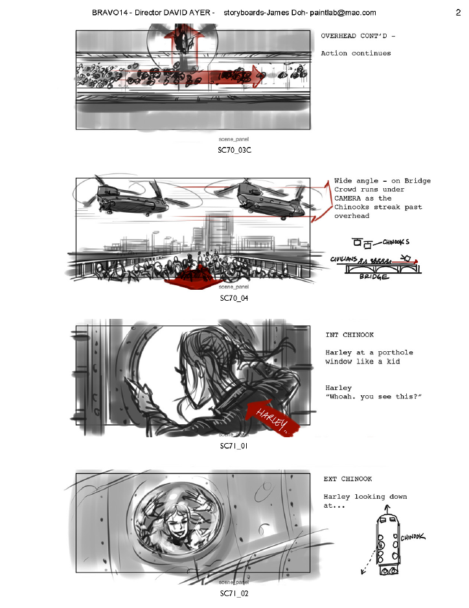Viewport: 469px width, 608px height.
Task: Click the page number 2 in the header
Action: pos(458,12)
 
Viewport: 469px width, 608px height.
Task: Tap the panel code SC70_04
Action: pos(234,298)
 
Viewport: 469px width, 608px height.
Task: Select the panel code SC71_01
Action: pos(234,446)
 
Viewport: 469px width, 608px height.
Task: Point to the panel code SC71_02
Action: pos(234,593)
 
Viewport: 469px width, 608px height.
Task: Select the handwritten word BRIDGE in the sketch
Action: pos(374,276)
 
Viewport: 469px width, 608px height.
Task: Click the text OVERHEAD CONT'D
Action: pos(356,36)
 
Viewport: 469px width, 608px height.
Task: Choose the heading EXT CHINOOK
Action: pos(348,479)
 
